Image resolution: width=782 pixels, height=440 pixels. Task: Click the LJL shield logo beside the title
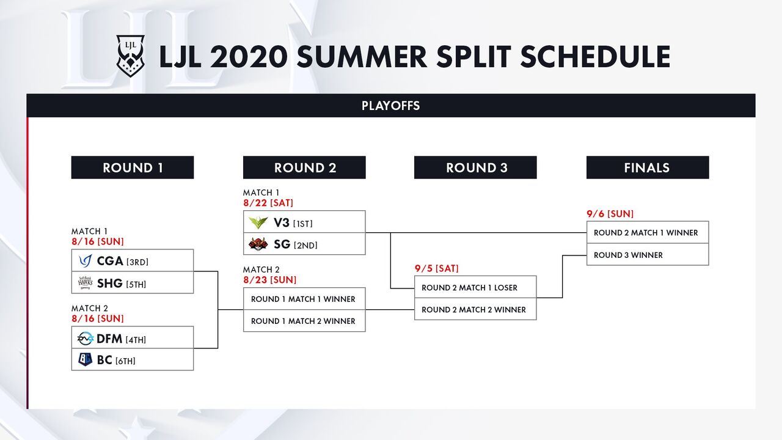130,56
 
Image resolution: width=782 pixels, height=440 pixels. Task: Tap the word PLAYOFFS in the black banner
390,106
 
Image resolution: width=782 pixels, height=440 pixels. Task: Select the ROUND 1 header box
133,167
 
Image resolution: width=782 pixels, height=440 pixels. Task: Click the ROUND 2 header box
304,167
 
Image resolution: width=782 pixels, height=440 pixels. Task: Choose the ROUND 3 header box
475,167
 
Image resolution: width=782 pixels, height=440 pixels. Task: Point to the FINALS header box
648,167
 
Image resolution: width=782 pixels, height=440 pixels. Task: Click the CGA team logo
85,261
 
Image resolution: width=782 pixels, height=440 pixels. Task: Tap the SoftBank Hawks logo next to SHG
85,283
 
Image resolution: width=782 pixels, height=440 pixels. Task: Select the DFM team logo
85,339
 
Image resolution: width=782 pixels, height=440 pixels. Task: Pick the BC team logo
85,359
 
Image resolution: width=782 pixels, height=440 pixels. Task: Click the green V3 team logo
258,222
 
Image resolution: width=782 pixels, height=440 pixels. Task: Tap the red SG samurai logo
258,244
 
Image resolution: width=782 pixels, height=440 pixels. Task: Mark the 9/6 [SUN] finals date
610,214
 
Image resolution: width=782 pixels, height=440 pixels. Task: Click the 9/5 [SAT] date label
436,268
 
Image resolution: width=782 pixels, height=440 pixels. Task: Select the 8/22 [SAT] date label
268,203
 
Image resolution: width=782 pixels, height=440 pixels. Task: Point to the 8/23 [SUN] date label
269,280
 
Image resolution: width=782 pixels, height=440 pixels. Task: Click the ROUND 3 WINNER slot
648,255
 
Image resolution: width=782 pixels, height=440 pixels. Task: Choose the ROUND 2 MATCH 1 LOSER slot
475,287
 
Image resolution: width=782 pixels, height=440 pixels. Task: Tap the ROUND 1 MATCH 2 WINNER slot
304,321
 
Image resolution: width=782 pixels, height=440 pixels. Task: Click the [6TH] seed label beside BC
125,361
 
